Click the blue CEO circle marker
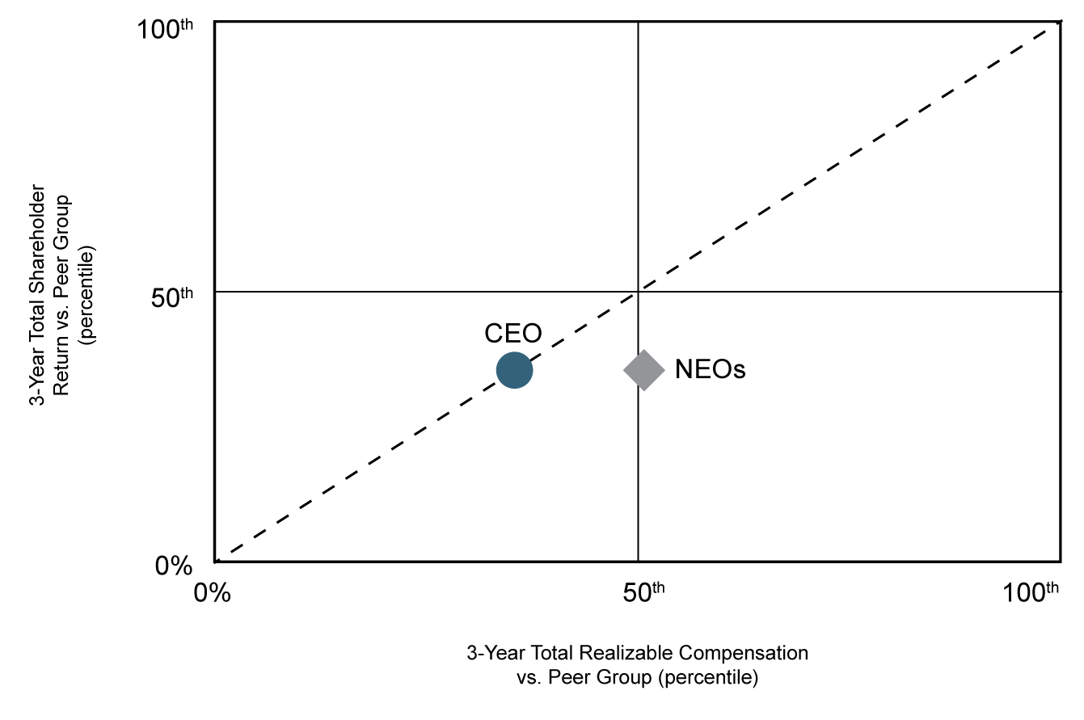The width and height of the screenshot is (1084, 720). point(514,370)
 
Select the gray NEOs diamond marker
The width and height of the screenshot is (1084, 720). point(643,370)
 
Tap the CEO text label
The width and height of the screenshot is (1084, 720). point(512,333)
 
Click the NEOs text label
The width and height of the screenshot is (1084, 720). point(710,370)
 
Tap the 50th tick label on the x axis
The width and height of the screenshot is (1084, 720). point(643,592)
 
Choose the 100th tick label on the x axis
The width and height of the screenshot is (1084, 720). point(1030,592)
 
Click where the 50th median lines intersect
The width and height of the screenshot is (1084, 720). point(639,291)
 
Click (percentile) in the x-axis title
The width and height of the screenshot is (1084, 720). point(708,677)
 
